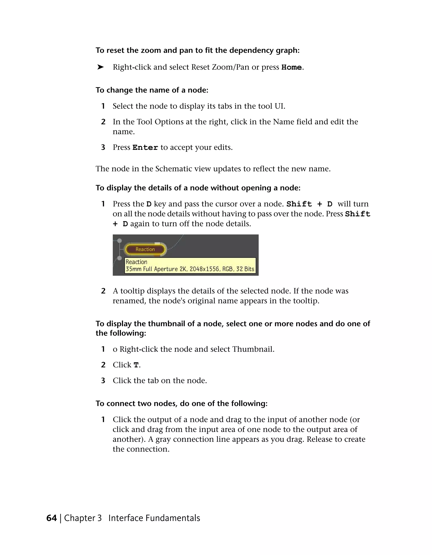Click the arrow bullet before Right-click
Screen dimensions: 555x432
coord(100,67)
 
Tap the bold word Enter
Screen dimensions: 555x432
coord(145,148)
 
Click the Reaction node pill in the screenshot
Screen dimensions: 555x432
coord(145,249)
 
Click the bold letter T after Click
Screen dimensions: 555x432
coord(136,365)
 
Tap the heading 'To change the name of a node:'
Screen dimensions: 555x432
coord(152,90)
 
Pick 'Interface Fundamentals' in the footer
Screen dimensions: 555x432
coord(154,518)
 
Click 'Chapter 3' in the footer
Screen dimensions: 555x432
coord(83,518)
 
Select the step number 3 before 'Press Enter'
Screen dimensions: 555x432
coord(103,147)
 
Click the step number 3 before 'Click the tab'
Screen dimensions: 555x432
coord(103,380)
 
